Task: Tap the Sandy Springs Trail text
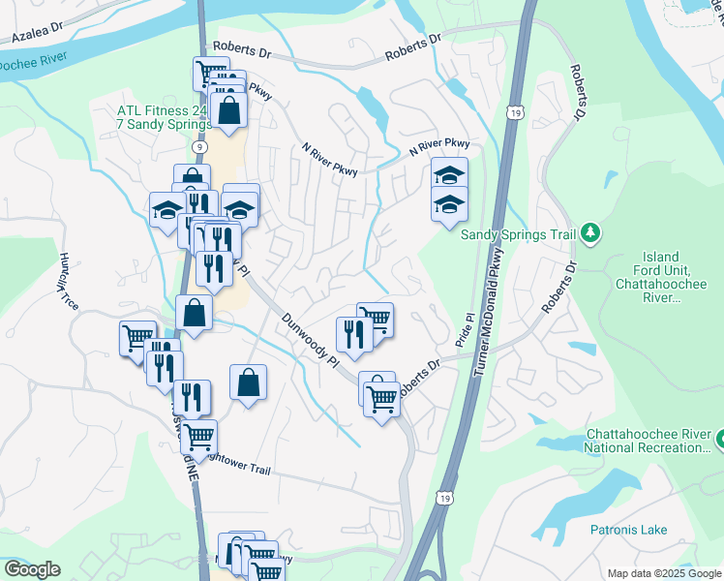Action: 518,233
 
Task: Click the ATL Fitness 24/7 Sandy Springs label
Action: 166,118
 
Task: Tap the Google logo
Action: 32,569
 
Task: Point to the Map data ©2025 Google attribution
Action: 664,573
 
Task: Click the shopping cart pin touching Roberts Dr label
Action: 382,396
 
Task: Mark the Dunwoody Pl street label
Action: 309,338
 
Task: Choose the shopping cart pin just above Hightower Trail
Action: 198,437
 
